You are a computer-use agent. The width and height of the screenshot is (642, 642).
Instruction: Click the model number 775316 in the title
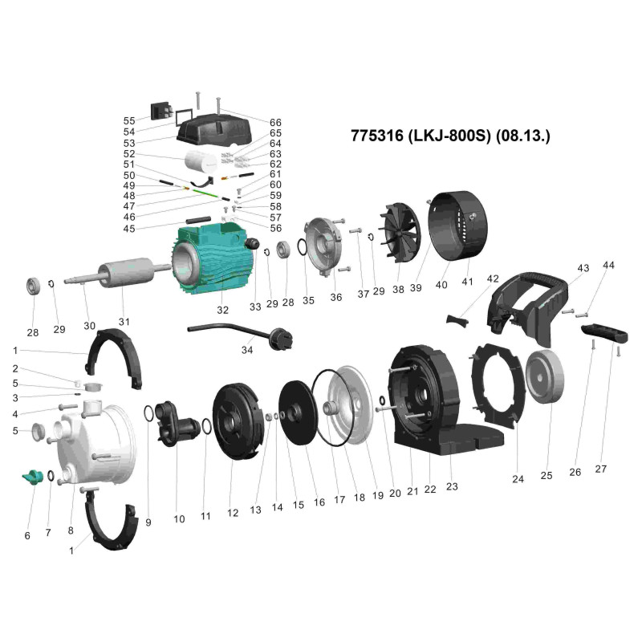click(x=376, y=136)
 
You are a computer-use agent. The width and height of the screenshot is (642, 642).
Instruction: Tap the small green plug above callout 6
click(x=32, y=477)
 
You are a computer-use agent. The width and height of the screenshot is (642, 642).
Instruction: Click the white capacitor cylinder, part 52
click(x=201, y=160)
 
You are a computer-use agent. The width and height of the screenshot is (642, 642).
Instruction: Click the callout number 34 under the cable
click(x=247, y=350)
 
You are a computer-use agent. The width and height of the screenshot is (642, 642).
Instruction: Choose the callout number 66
click(x=275, y=123)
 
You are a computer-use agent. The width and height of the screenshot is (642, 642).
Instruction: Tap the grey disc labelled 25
click(x=545, y=376)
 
